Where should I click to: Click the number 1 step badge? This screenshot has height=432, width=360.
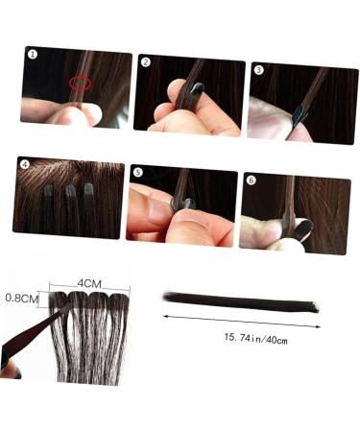32,55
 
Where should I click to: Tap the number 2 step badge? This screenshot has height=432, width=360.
146,62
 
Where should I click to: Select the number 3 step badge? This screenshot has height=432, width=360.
259,69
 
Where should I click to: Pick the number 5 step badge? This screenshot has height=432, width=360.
138,173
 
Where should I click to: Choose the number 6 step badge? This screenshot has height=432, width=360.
252,180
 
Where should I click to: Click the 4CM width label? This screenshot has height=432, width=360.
90,284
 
